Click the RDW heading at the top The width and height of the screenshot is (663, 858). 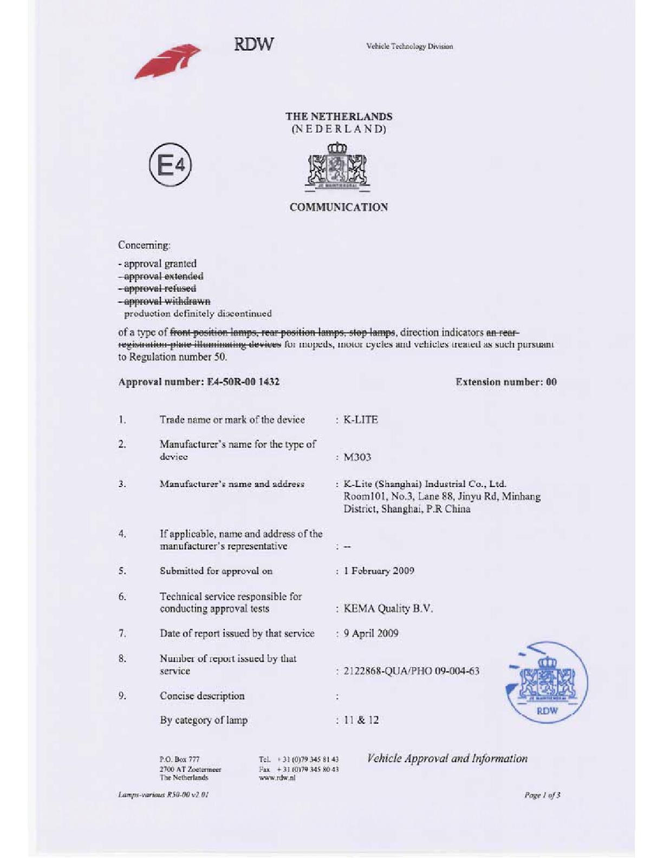[x=254, y=44]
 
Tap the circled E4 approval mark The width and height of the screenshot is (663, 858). [x=171, y=165]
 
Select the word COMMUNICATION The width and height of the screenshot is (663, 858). [x=339, y=207]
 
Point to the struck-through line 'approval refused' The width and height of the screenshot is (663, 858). [x=157, y=289]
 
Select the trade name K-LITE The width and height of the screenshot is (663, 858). [x=361, y=420]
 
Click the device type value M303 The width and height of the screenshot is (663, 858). [x=357, y=457]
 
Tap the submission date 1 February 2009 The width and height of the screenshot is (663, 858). [x=379, y=571]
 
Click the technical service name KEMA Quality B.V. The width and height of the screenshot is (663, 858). [x=388, y=609]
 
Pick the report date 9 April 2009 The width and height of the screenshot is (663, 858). [x=371, y=633]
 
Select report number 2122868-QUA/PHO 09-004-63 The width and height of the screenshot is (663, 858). [x=411, y=671]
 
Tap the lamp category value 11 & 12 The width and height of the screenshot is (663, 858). [x=361, y=720]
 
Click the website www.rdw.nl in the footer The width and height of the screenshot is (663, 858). [x=277, y=778]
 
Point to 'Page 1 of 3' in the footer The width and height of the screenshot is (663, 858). [x=542, y=795]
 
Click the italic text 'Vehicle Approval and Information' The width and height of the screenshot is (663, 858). [x=447, y=758]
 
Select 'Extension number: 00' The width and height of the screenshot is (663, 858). [x=506, y=382]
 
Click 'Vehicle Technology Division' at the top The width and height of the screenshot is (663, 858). [x=409, y=47]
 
